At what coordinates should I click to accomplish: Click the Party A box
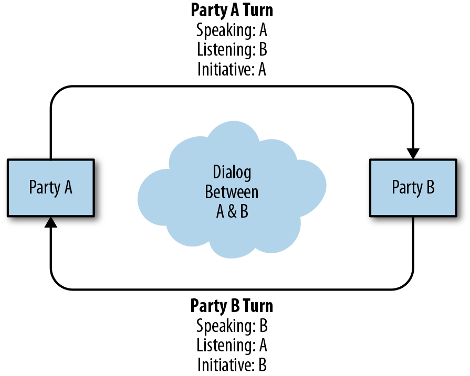[x=50, y=188]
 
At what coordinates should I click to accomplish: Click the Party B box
[x=413, y=188]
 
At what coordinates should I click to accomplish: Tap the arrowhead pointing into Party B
[x=413, y=154]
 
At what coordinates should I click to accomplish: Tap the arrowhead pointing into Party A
[x=50, y=222]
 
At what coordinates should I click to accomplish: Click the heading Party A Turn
[x=232, y=10]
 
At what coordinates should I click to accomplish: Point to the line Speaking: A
[x=232, y=30]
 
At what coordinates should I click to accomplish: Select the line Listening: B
[x=232, y=50]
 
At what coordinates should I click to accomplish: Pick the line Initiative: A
[x=232, y=69]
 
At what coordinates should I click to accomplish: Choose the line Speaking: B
[x=232, y=325]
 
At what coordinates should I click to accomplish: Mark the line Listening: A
[x=232, y=345]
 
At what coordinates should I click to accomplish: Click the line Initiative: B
[x=232, y=365]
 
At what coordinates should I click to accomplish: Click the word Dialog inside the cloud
[x=232, y=172]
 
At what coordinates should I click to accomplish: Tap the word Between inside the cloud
[x=232, y=191]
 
